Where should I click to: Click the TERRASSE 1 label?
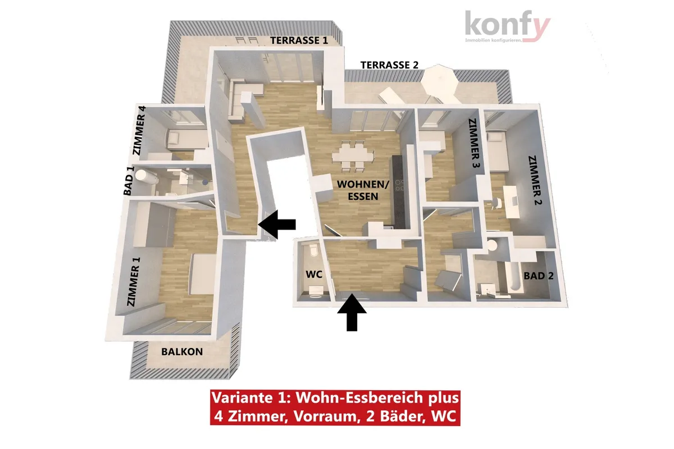tap(299, 40)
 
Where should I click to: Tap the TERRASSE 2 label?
tap(389, 65)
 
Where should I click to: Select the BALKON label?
tap(182, 351)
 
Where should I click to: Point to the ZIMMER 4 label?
tap(139, 130)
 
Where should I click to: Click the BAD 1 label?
tap(129, 181)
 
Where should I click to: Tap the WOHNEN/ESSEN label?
tap(363, 190)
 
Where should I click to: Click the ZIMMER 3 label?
tap(473, 143)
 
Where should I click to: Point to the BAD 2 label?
tap(539, 276)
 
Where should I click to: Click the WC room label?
tap(314, 274)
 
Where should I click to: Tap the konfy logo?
tap(508, 26)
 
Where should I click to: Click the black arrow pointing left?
tap(277, 224)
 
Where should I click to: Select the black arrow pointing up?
tap(352, 313)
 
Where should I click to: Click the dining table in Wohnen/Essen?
tap(353, 157)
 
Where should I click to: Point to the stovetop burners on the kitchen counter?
tap(399, 185)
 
